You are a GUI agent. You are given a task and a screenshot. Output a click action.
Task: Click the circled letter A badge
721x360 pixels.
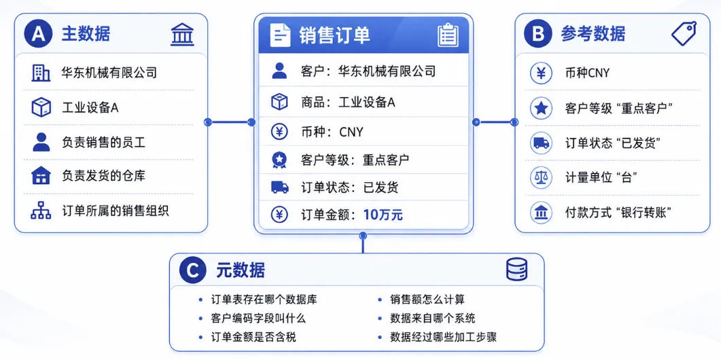39,35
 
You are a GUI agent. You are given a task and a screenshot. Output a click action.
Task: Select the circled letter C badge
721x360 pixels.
193,271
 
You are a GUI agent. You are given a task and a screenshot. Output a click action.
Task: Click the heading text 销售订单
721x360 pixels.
334,35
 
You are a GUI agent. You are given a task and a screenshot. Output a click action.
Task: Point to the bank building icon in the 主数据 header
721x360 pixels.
182,35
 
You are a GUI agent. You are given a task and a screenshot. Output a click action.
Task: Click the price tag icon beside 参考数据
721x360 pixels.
684,33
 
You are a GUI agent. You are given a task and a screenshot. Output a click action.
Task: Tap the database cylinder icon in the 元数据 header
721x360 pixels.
517,270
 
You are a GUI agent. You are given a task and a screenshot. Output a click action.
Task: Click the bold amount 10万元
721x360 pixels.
383,215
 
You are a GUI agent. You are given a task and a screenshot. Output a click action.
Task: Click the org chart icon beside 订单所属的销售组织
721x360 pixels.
41,210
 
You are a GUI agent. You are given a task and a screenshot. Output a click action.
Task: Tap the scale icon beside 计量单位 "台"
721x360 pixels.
541,177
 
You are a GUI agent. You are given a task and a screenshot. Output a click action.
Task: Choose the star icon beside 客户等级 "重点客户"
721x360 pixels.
541,108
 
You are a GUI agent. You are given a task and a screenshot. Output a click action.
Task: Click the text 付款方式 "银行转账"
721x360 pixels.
619,213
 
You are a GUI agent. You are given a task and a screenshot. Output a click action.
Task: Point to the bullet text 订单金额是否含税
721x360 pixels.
253,337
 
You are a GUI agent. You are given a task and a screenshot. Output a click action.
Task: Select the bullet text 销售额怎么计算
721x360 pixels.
427,300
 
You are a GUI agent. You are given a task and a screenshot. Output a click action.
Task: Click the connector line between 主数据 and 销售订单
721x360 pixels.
230,122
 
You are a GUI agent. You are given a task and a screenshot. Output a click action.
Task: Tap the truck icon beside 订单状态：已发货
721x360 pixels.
279,187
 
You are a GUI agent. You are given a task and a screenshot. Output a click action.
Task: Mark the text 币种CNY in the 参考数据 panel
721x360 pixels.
587,73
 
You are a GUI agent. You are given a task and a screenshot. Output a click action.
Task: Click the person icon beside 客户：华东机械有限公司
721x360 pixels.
279,71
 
